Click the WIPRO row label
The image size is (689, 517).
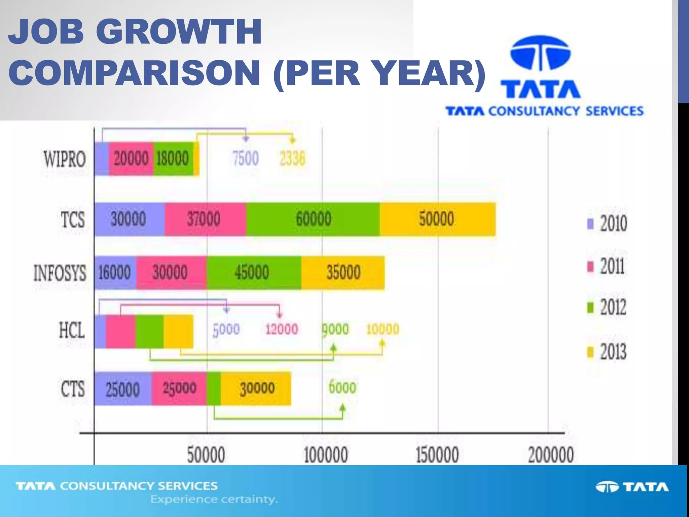pyautogui.click(x=64, y=159)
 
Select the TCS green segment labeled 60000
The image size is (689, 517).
pyautogui.click(x=313, y=219)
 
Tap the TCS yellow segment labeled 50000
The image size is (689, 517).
pyautogui.click(x=437, y=219)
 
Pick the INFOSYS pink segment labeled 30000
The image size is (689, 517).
pyautogui.click(x=171, y=272)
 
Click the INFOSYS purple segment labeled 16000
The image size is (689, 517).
pyautogui.click(x=115, y=272)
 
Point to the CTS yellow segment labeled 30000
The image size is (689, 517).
pyautogui.click(x=257, y=389)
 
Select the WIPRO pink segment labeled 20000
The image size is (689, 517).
pyautogui.click(x=131, y=159)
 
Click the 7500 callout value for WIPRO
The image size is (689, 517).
pyautogui.click(x=246, y=159)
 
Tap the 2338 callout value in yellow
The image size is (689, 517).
pyautogui.click(x=292, y=159)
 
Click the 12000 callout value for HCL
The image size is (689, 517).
pyautogui.click(x=281, y=329)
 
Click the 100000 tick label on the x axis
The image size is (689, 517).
pyautogui.click(x=325, y=455)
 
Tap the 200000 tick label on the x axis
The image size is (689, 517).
pyautogui.click(x=551, y=455)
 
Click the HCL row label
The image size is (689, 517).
pyautogui.click(x=72, y=330)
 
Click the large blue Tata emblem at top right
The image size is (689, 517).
pyautogui.click(x=541, y=54)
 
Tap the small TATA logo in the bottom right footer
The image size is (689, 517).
pyautogui.click(x=632, y=487)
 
